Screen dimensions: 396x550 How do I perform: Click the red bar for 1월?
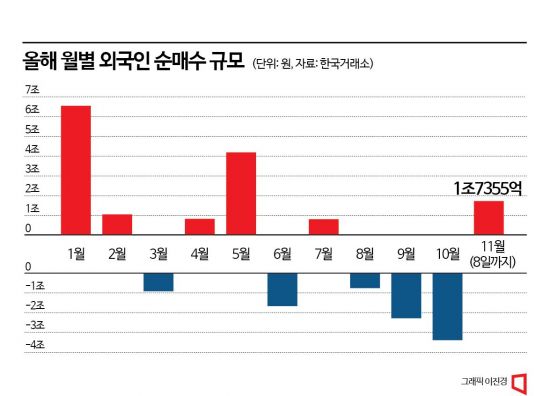point(75,169)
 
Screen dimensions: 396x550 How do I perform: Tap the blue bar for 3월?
point(158,282)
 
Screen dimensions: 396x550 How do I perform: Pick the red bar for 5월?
point(241,193)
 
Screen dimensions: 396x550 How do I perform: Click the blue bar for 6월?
point(282,289)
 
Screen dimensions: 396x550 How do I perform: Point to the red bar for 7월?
point(323,226)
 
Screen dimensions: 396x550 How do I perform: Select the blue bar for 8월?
point(365,280)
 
